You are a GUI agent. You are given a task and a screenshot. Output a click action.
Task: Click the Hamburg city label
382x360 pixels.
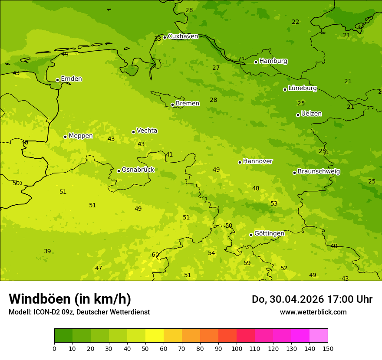click(x=273, y=61)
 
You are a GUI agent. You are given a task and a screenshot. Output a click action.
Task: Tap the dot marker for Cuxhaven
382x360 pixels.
click(x=165, y=37)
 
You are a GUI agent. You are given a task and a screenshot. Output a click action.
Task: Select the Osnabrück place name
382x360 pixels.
click(x=138, y=170)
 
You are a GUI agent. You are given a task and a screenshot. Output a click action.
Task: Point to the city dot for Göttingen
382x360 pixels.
click(x=251, y=235)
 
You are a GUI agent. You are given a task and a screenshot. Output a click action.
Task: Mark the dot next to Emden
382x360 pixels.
click(x=57, y=80)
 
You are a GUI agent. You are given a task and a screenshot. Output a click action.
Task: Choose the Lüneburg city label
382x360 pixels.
click(x=302, y=88)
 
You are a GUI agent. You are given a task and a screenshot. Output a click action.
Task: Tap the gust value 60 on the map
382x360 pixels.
click(x=155, y=255)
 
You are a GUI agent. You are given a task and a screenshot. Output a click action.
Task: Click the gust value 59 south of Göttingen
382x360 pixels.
click(x=247, y=263)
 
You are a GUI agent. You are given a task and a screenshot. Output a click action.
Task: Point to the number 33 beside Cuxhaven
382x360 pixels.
click(x=158, y=39)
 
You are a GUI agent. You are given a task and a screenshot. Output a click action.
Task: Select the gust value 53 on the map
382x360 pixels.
click(x=274, y=204)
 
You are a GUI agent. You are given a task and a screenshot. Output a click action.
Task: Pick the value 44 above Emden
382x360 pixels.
click(x=65, y=54)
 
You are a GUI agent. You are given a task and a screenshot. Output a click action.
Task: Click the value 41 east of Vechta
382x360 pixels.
click(x=169, y=155)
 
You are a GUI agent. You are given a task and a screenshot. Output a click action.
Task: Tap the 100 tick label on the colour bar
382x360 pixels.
click(x=237, y=348)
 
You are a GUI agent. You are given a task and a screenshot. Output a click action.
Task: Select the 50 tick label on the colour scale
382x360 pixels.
click(x=145, y=348)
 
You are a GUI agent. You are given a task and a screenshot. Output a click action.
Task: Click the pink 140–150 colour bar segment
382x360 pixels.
click(x=319, y=336)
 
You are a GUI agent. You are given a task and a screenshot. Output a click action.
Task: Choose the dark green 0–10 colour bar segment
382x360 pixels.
click(x=63, y=336)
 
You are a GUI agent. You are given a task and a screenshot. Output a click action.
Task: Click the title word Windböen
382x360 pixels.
click(x=40, y=299)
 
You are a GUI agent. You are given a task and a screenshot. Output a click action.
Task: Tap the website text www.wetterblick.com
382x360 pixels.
click(x=313, y=312)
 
